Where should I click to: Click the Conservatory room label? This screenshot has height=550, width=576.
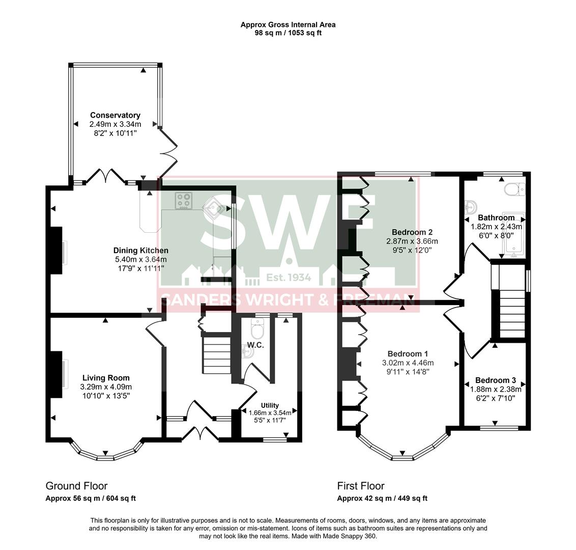pyautogui.click(x=115, y=116)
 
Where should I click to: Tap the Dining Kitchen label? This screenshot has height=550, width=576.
pyautogui.click(x=140, y=251)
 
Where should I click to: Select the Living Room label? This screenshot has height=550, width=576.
pyautogui.click(x=106, y=378)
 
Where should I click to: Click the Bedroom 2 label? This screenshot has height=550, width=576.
pyautogui.click(x=412, y=232)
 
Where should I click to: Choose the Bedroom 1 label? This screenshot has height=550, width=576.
pyautogui.click(x=408, y=354)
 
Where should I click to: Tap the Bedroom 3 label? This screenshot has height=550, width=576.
pyautogui.click(x=495, y=380)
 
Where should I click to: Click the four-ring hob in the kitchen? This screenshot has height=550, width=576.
pyautogui.click(x=183, y=200)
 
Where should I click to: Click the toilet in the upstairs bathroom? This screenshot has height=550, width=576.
pyautogui.click(x=514, y=189)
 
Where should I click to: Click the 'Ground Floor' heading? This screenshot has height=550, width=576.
pyautogui.click(x=76, y=486)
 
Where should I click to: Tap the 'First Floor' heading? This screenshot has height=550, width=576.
pyautogui.click(x=361, y=486)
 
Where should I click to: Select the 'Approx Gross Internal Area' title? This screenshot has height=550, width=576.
pyautogui.click(x=288, y=24)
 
